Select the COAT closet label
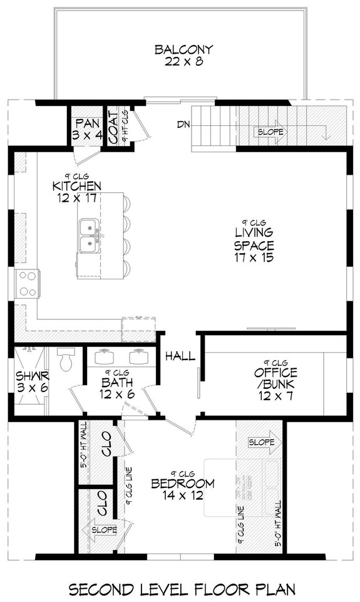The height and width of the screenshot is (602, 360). tap(113, 127)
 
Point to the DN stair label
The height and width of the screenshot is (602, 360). tap(183, 125)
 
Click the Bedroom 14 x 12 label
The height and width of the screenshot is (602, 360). tap(182, 489)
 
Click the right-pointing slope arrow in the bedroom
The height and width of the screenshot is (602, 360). tap(261, 442)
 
